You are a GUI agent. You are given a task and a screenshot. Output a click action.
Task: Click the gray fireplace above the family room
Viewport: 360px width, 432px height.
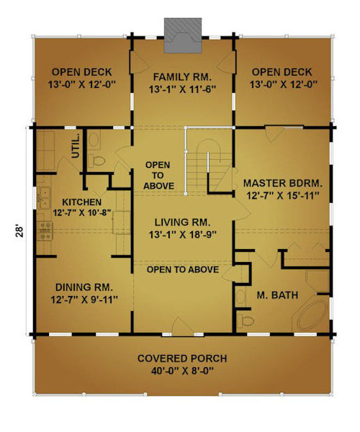tap(183, 35)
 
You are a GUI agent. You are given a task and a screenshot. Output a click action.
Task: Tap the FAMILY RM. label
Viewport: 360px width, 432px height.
tap(182, 77)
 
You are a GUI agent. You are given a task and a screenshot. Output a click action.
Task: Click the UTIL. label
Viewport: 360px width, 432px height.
tap(76, 146)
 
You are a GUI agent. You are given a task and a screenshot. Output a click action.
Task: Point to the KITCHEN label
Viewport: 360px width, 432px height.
tap(82, 202)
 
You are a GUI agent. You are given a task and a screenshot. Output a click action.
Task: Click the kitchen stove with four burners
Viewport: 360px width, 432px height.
tap(45, 230)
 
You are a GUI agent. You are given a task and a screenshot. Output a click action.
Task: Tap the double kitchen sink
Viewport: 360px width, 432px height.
tap(45, 197)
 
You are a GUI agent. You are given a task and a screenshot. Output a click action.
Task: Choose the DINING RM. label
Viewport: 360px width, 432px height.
tap(84, 287)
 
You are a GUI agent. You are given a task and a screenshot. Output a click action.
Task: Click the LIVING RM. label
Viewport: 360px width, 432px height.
tap(182, 222)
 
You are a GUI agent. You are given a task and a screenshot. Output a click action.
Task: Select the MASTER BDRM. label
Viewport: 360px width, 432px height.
tap(283, 183)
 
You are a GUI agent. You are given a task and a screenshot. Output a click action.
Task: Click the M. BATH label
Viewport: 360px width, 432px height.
tap(277, 295)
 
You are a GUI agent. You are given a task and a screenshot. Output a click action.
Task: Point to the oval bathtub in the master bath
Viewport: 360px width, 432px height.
tap(312, 316)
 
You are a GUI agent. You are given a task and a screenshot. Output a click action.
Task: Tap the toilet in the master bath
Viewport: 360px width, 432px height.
tap(245, 320)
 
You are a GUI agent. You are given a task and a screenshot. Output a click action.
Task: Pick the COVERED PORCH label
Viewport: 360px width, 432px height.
tap(182, 359)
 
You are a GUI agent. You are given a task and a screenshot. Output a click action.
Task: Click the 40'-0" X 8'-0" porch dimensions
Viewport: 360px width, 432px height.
tap(182, 371)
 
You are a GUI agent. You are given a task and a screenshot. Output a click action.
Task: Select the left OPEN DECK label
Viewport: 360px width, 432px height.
tap(82, 72)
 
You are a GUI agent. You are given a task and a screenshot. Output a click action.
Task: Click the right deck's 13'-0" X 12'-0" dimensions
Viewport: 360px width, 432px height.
tap(284, 84)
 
